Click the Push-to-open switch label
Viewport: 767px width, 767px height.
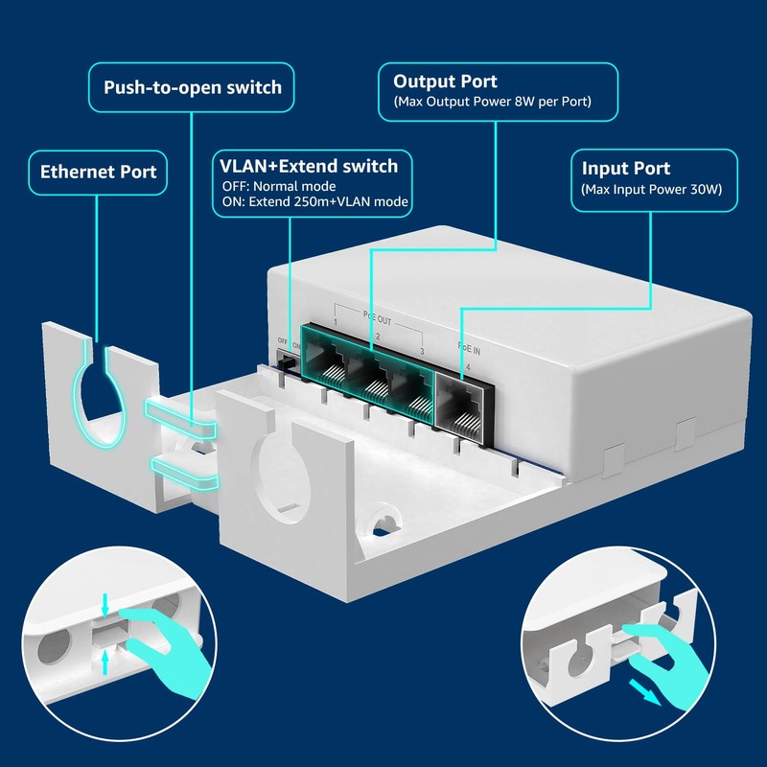(193, 87)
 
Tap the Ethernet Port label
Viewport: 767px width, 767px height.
(99, 172)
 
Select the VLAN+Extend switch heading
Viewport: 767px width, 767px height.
(309, 166)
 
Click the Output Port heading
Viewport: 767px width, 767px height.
(445, 81)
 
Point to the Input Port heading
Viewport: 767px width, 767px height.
(626, 169)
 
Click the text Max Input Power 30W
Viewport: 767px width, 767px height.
(652, 189)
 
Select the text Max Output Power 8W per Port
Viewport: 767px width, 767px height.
(492, 102)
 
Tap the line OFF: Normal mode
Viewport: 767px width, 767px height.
(279, 186)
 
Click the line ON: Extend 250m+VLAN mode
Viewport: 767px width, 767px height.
(315, 201)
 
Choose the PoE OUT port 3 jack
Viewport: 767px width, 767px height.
(412, 392)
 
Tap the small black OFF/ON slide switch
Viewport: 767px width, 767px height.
(286, 363)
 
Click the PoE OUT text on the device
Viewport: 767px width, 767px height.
(377, 318)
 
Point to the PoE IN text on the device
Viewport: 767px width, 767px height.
(469, 348)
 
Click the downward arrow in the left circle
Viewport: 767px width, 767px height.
(105, 605)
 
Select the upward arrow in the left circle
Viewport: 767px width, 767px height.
(105, 662)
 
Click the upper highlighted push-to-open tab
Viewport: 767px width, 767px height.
(180, 417)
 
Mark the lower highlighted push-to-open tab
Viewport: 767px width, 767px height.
(185, 473)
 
